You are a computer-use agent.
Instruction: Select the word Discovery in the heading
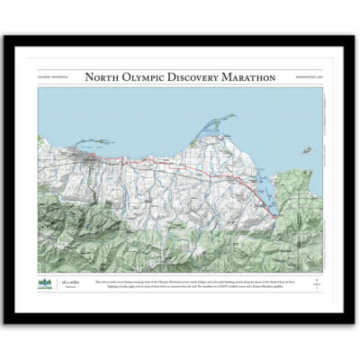point(193,77)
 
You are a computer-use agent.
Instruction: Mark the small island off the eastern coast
point(308,149)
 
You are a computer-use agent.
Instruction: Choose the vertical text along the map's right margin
point(321,180)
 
